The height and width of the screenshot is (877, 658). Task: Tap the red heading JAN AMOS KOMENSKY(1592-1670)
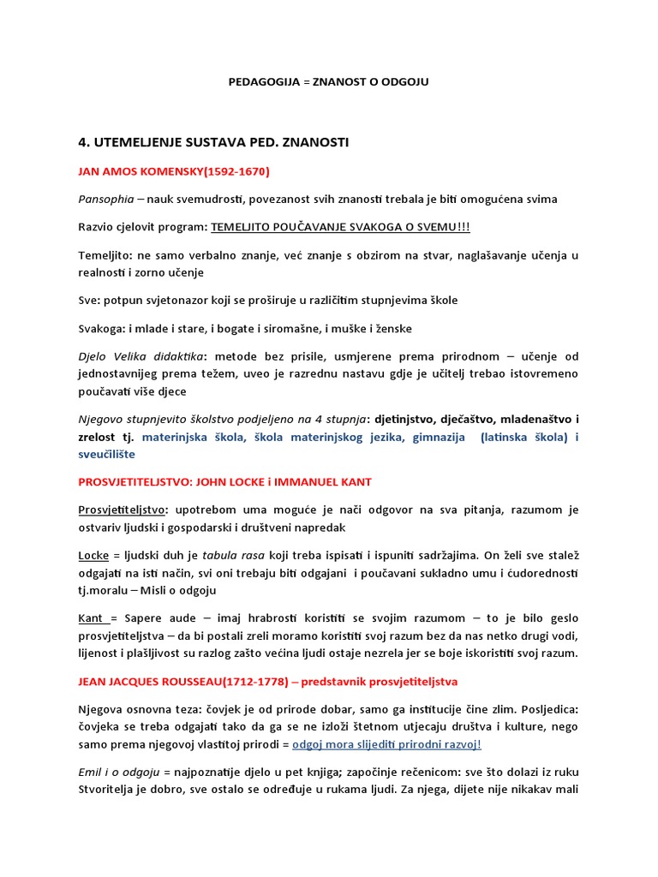point(174,171)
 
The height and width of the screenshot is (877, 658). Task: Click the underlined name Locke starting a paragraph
point(93,554)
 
